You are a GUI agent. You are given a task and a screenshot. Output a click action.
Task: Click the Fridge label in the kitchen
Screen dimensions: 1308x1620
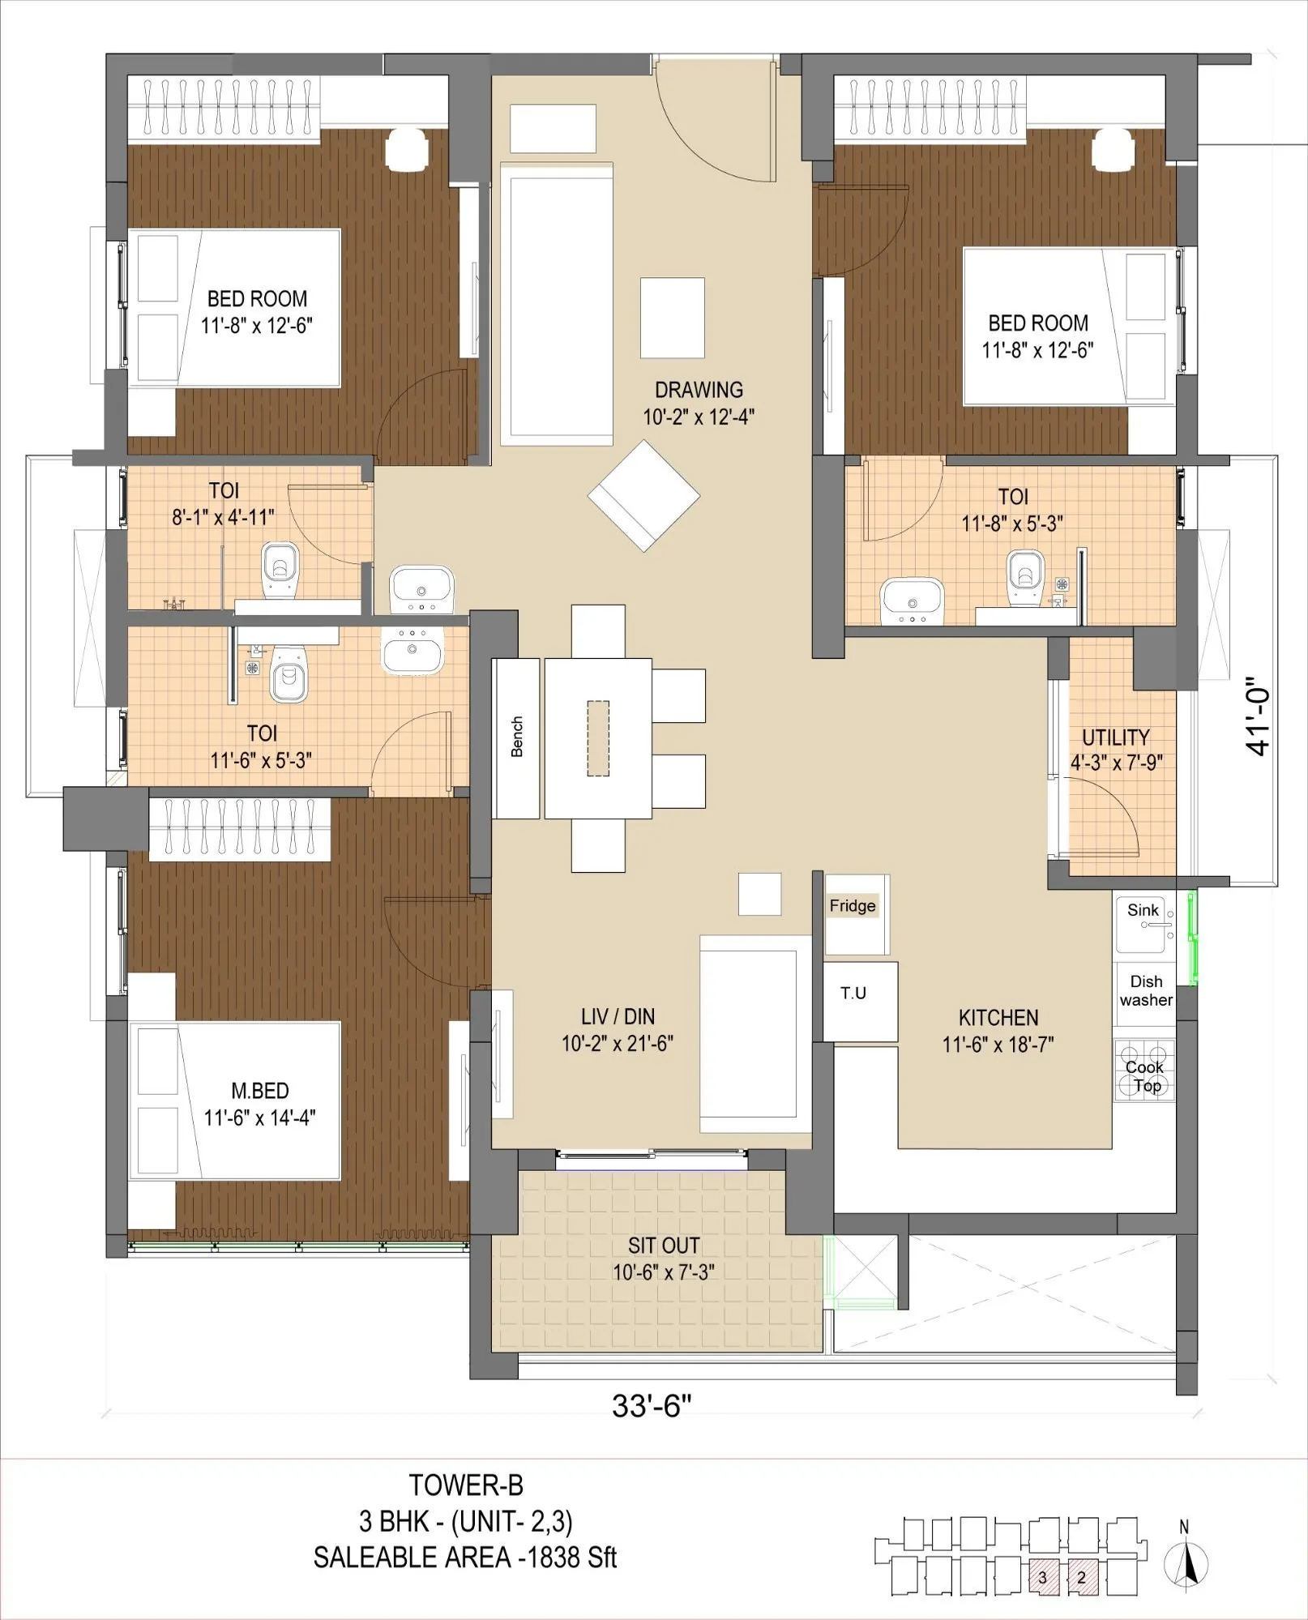coord(853,906)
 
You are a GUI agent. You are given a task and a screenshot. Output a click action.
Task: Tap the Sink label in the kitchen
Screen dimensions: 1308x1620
coord(1143,910)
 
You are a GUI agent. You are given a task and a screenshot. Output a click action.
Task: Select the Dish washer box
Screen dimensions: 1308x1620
coord(1145,990)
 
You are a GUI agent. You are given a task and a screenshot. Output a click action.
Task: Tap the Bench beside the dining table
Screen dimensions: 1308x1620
coord(516,737)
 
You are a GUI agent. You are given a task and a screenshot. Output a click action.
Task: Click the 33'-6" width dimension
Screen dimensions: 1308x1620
coord(652,1405)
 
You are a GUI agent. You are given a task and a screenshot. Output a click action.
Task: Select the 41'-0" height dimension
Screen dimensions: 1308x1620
coord(1258,716)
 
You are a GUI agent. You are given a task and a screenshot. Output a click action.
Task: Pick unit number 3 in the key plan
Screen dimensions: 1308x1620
coord(1043,1577)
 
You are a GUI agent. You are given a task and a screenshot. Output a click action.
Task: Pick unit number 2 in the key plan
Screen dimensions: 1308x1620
coord(1082,1577)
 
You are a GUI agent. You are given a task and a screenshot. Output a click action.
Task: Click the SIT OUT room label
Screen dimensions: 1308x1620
coord(663,1246)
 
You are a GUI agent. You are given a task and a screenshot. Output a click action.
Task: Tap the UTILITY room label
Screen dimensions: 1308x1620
coord(1115,737)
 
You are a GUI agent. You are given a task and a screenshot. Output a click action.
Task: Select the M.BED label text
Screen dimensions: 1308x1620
coord(259,1091)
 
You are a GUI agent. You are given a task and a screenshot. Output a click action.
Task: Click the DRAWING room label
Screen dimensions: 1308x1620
coord(699,390)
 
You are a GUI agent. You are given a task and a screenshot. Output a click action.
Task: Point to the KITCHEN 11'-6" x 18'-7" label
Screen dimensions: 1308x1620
coord(998,1031)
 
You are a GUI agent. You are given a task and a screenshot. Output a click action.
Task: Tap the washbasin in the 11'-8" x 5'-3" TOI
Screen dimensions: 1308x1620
coord(912,599)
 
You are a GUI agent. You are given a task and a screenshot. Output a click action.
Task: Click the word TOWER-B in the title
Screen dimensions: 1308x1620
coord(466,1485)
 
